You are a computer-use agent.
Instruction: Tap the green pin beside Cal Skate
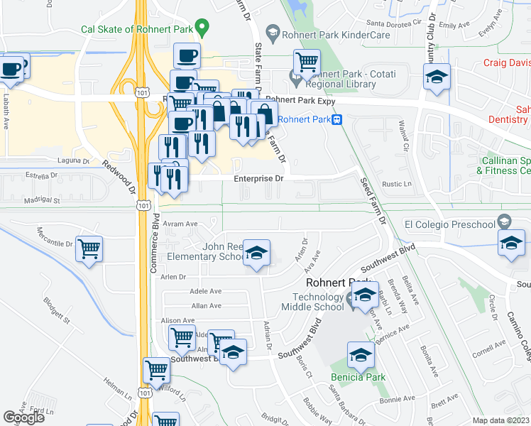(202, 28)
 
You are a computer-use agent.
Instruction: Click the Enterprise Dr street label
(258, 179)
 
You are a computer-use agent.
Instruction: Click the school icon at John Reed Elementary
(256, 252)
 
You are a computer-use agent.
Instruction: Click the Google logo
(23, 417)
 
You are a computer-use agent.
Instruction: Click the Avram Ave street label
(180, 224)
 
